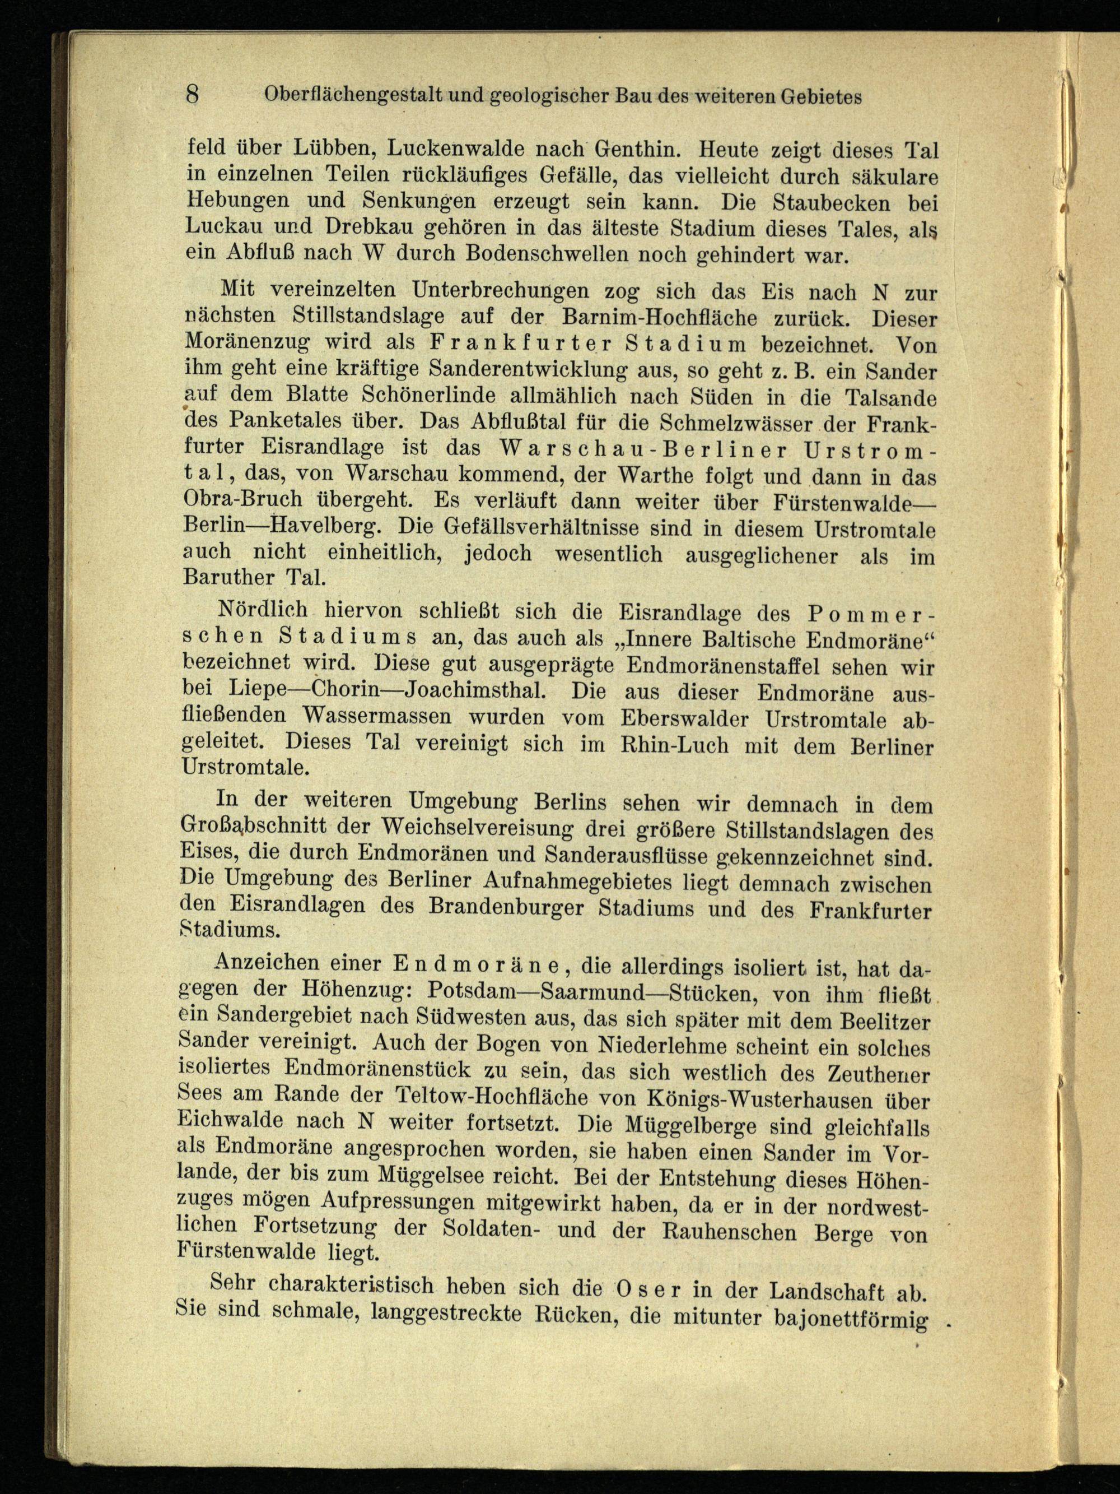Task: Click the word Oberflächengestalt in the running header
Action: pyautogui.click(x=352, y=96)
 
